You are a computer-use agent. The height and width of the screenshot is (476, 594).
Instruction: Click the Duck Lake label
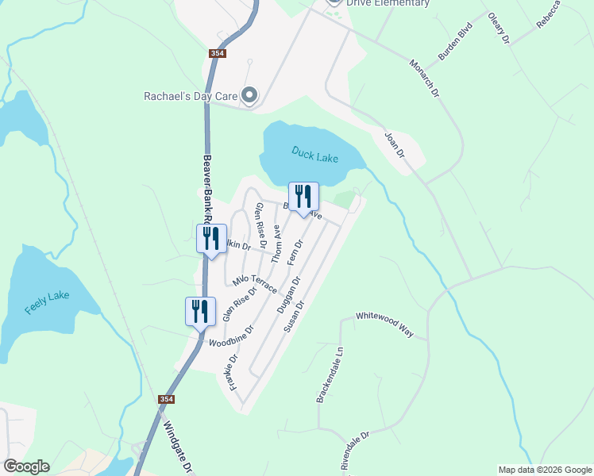314,154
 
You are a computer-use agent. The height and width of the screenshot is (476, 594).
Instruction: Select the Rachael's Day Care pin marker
249,97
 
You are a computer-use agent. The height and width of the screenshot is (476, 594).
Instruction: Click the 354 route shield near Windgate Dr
166,399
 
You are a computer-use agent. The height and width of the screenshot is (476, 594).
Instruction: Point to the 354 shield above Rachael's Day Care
218,53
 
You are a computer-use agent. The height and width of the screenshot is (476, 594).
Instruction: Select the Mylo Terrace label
254,283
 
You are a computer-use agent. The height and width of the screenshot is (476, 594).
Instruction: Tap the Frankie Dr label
231,372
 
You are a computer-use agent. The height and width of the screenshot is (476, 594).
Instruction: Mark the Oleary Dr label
498,29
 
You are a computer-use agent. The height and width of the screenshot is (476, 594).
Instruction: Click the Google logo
25,466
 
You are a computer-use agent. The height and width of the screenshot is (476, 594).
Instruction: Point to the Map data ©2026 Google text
545,470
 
